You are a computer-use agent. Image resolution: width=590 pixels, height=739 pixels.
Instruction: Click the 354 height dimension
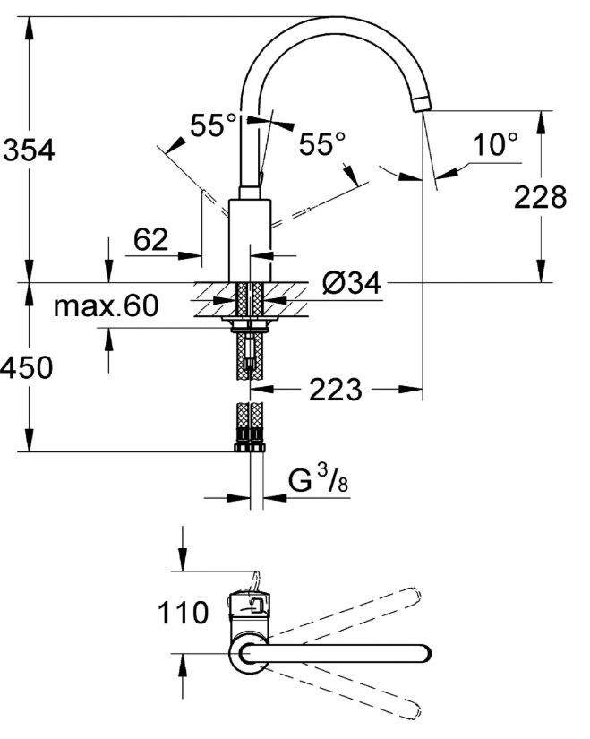pos(29,150)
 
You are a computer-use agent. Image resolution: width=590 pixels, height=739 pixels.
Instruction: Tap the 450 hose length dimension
pos(26,367)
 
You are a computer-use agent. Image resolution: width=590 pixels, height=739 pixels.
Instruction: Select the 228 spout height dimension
pos(540,196)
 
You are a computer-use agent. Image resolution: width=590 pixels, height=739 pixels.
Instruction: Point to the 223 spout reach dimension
pos(336,390)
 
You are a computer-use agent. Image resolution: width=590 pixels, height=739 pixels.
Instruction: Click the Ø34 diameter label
pos(352,284)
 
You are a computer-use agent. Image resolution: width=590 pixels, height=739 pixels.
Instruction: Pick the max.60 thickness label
pos(106,305)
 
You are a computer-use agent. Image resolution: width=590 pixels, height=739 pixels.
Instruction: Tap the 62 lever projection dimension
pos(150,239)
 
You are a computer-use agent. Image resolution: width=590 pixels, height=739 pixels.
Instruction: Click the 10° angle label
pos(495,143)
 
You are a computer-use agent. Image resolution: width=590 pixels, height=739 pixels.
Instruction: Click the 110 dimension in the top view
pos(183,612)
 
